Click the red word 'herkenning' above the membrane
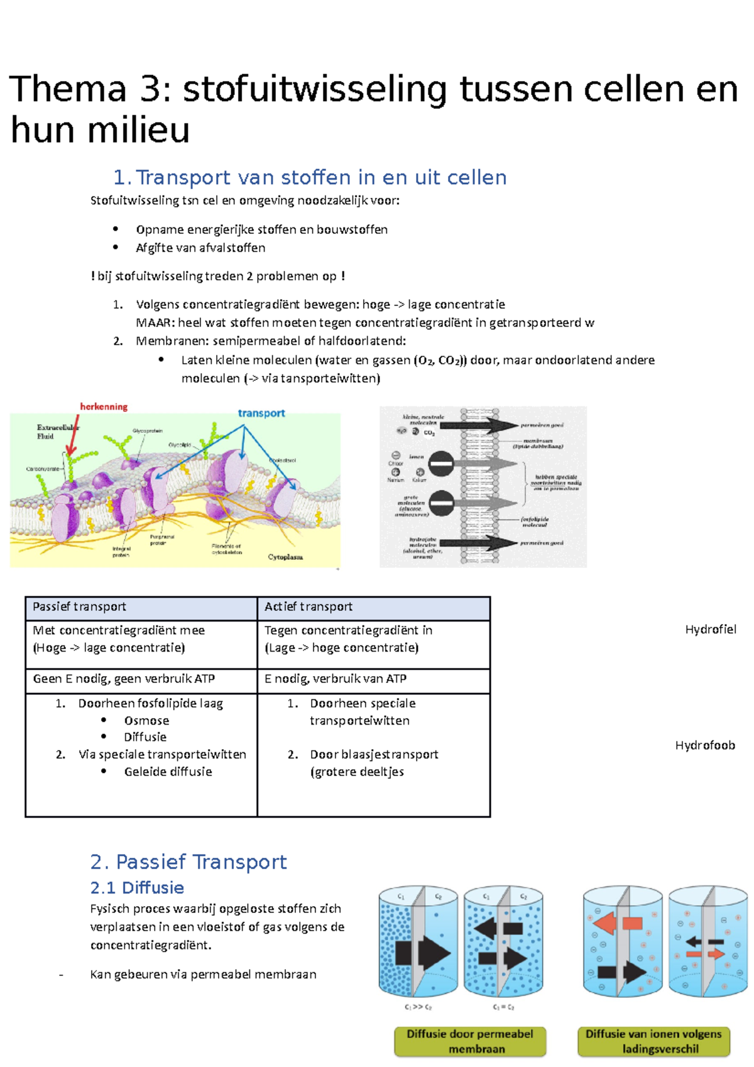point(104,407)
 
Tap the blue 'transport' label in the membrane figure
point(261,413)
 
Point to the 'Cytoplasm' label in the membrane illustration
point(285,557)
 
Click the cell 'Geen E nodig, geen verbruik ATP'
point(124,679)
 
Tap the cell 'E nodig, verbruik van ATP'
point(336,679)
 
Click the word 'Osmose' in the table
point(146,721)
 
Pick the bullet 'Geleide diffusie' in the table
point(168,772)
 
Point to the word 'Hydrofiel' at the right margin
point(710,630)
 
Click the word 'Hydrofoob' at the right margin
point(705,745)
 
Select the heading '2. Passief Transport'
point(188,862)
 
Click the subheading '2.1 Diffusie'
point(137,888)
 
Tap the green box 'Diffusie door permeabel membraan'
point(470,1041)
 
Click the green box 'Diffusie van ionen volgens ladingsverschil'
point(653,1041)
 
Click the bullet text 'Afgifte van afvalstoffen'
point(200,248)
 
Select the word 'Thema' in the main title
point(68,89)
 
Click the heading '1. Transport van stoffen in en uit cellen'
point(310,178)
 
